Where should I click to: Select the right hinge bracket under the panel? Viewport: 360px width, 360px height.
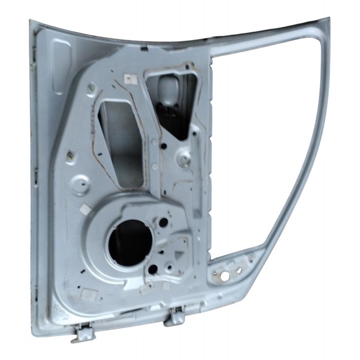point(175,316)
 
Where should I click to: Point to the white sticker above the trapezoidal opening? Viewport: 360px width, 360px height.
point(129,78)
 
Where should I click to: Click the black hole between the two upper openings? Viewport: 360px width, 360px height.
point(155,142)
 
